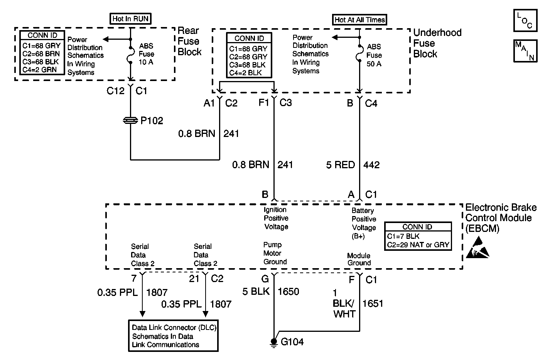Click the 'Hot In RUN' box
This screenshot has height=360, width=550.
[x=130, y=18]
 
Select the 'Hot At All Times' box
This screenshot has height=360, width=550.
[x=359, y=19]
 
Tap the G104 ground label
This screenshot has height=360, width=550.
[x=292, y=341]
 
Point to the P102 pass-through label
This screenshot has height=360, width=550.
[x=152, y=121]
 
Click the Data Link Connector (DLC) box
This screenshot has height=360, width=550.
[x=174, y=336]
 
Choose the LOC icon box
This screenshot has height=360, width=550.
[x=525, y=21]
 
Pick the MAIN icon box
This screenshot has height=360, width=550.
[x=525, y=51]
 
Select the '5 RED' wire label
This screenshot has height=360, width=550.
[x=341, y=165]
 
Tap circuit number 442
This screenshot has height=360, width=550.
[x=371, y=165]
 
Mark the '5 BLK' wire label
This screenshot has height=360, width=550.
[x=256, y=291]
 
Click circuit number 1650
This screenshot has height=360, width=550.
[x=288, y=291]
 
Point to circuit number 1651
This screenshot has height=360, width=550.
[x=373, y=303]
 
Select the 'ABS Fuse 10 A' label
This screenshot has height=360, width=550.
[x=146, y=54]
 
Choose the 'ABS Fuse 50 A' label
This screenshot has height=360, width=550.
[x=374, y=55]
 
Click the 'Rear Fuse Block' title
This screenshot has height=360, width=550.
[x=189, y=41]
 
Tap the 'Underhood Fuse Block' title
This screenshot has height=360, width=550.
[x=437, y=43]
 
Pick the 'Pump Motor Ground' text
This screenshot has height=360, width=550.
[x=275, y=253]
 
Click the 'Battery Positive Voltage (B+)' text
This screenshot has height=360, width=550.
[x=364, y=223]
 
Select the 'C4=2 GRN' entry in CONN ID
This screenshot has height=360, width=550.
[x=40, y=70]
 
